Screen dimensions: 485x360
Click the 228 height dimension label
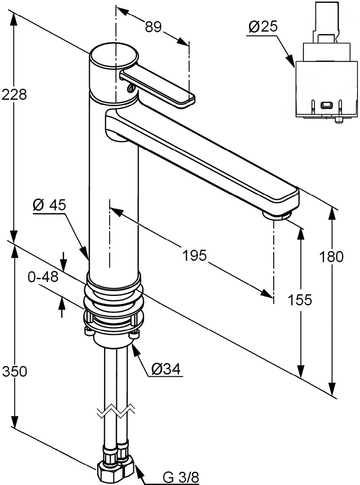(14, 95)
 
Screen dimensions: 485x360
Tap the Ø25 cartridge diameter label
(263, 27)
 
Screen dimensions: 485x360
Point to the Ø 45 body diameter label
(49, 206)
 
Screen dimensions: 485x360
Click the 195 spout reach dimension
(194, 255)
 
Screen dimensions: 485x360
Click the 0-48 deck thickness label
(43, 277)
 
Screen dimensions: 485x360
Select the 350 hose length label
(14, 372)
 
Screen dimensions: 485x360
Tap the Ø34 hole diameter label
(165, 370)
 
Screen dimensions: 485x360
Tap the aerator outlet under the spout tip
(276, 215)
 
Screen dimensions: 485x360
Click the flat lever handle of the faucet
(158, 87)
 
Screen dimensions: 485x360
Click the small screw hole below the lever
(129, 88)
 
